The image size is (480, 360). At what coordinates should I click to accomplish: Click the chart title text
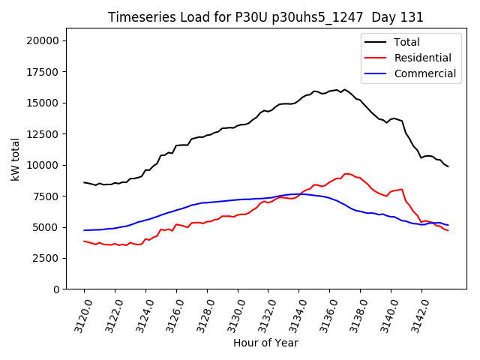coord(265,17)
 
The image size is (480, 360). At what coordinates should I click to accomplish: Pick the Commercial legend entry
coord(424,73)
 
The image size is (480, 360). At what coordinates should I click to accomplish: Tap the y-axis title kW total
coord(15,159)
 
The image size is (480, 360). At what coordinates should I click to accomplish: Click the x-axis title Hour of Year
coord(265,343)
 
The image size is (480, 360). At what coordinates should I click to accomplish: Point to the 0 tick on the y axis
coord(56,289)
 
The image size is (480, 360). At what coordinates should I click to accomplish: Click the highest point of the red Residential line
coord(346,173)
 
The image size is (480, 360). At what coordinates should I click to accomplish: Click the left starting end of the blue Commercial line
coord(84,230)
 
